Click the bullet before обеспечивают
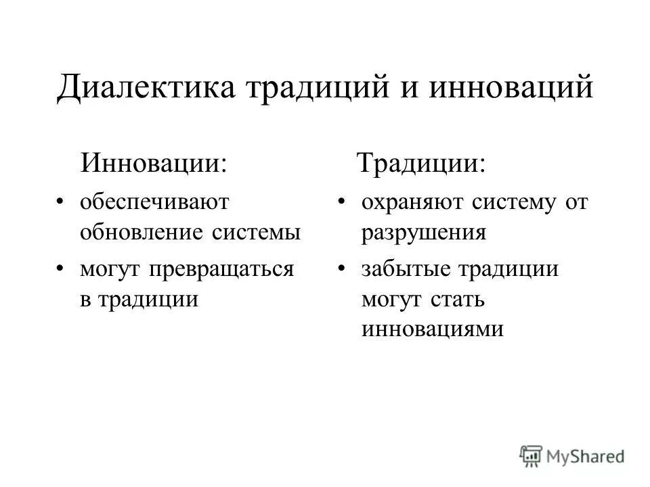(x=61, y=202)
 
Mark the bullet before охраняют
(x=342, y=202)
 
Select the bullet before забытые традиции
(x=342, y=269)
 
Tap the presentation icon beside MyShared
(x=532, y=455)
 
